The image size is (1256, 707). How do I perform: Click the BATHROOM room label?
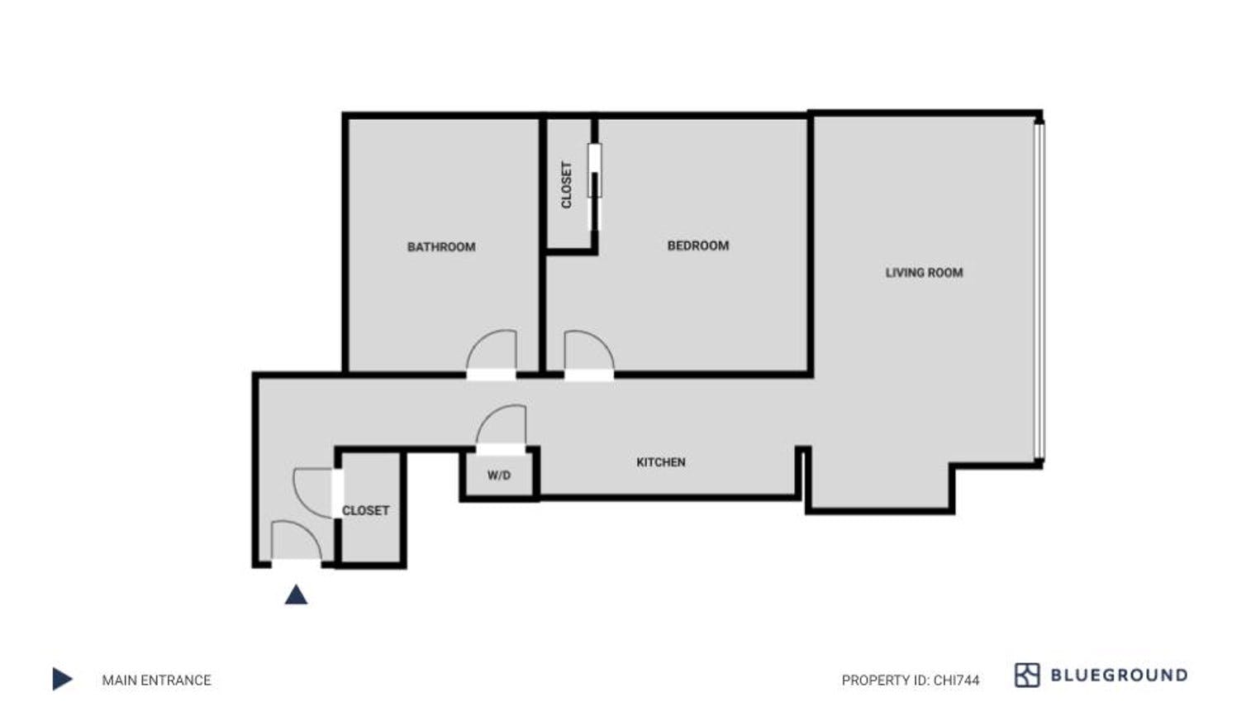441,246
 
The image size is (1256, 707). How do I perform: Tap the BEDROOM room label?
697,246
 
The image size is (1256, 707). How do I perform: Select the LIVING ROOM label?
924,272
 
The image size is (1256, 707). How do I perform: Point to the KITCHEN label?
660,462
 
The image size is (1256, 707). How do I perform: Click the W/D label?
498,475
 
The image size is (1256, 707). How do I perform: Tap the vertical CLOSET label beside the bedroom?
567,184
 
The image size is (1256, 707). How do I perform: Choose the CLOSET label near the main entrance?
365,510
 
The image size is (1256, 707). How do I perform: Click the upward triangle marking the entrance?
296,595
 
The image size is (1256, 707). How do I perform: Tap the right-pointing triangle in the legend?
62,679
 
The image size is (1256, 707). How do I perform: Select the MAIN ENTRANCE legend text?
156,680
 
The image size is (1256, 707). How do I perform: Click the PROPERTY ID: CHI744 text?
910,681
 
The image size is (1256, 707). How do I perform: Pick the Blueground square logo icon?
1026,675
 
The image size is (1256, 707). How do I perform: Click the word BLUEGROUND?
1118,675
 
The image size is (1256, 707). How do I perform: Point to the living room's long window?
1040,289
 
